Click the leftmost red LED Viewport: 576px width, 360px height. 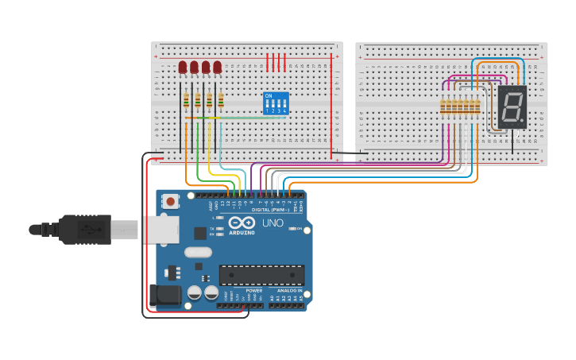point(183,68)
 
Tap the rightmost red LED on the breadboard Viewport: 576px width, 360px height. point(217,68)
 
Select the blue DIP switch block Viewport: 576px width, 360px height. point(275,103)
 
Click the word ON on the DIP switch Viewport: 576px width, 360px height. point(269,96)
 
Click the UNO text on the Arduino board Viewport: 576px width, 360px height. point(273,223)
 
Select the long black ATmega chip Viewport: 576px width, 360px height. point(261,275)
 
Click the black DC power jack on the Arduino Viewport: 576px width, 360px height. point(165,296)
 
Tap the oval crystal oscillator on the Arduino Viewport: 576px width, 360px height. point(198,253)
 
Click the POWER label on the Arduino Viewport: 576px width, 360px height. point(253,291)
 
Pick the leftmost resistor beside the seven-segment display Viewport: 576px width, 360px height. point(443,106)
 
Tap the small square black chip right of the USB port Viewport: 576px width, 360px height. point(200,233)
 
